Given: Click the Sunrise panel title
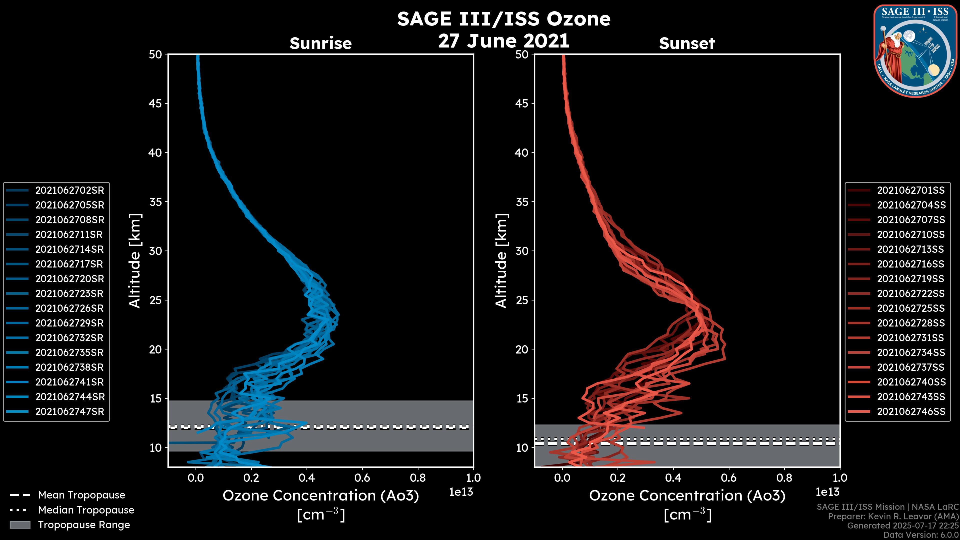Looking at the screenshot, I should pos(320,43).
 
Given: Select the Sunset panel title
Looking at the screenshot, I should pos(687,43).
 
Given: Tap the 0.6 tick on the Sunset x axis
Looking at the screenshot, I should pos(729,478).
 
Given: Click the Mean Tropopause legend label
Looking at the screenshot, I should pos(81,495).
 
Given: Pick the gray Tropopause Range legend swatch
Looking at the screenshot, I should pos(20,525).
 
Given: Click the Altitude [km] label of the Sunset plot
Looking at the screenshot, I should pos(501,261).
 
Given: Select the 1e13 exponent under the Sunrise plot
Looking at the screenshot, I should pos(461,492).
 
